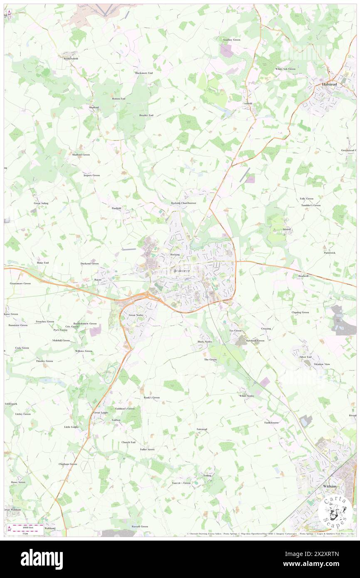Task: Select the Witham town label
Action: [x=328, y=486]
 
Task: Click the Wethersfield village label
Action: [x=71, y=59]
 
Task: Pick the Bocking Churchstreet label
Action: [x=183, y=203]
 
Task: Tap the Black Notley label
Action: [x=205, y=341]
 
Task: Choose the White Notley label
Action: [x=247, y=396]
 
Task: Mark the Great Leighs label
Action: [x=101, y=413]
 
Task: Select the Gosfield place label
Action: [x=248, y=103]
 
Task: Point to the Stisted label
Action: [x=286, y=229]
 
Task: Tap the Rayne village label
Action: [x=98, y=280]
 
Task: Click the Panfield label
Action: [x=116, y=208]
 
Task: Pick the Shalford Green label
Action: [x=81, y=155]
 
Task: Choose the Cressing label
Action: [x=266, y=329]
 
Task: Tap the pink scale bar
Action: [x=25, y=525]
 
